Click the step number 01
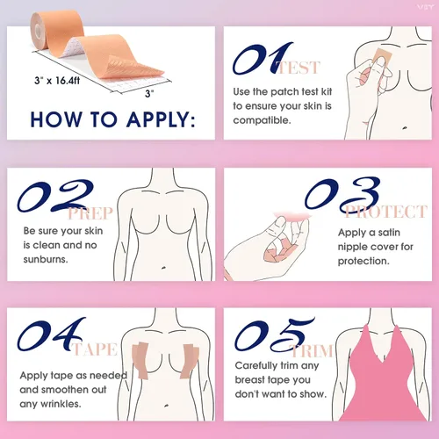pos(262,59)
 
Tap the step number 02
pos(55,196)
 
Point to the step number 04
pos(50,335)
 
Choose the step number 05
pos(274,335)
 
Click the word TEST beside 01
pos(299,68)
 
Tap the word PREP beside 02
pos(90,213)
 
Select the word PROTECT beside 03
pos(385,212)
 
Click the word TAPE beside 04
pos(95,349)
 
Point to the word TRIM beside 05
pos(311,351)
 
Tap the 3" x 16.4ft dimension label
pos(57,81)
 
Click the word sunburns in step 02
pos(46,259)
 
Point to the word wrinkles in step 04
pos(61,404)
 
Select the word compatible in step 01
pos(262,120)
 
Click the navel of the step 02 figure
pos(163,267)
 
